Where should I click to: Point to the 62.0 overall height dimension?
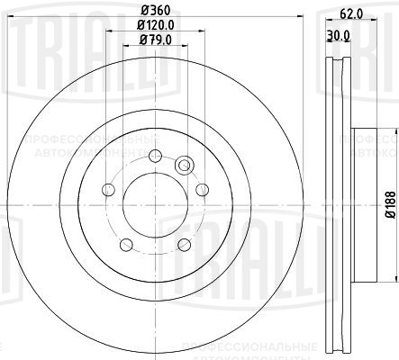pos(352,14)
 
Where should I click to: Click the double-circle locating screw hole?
pos(185,165)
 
